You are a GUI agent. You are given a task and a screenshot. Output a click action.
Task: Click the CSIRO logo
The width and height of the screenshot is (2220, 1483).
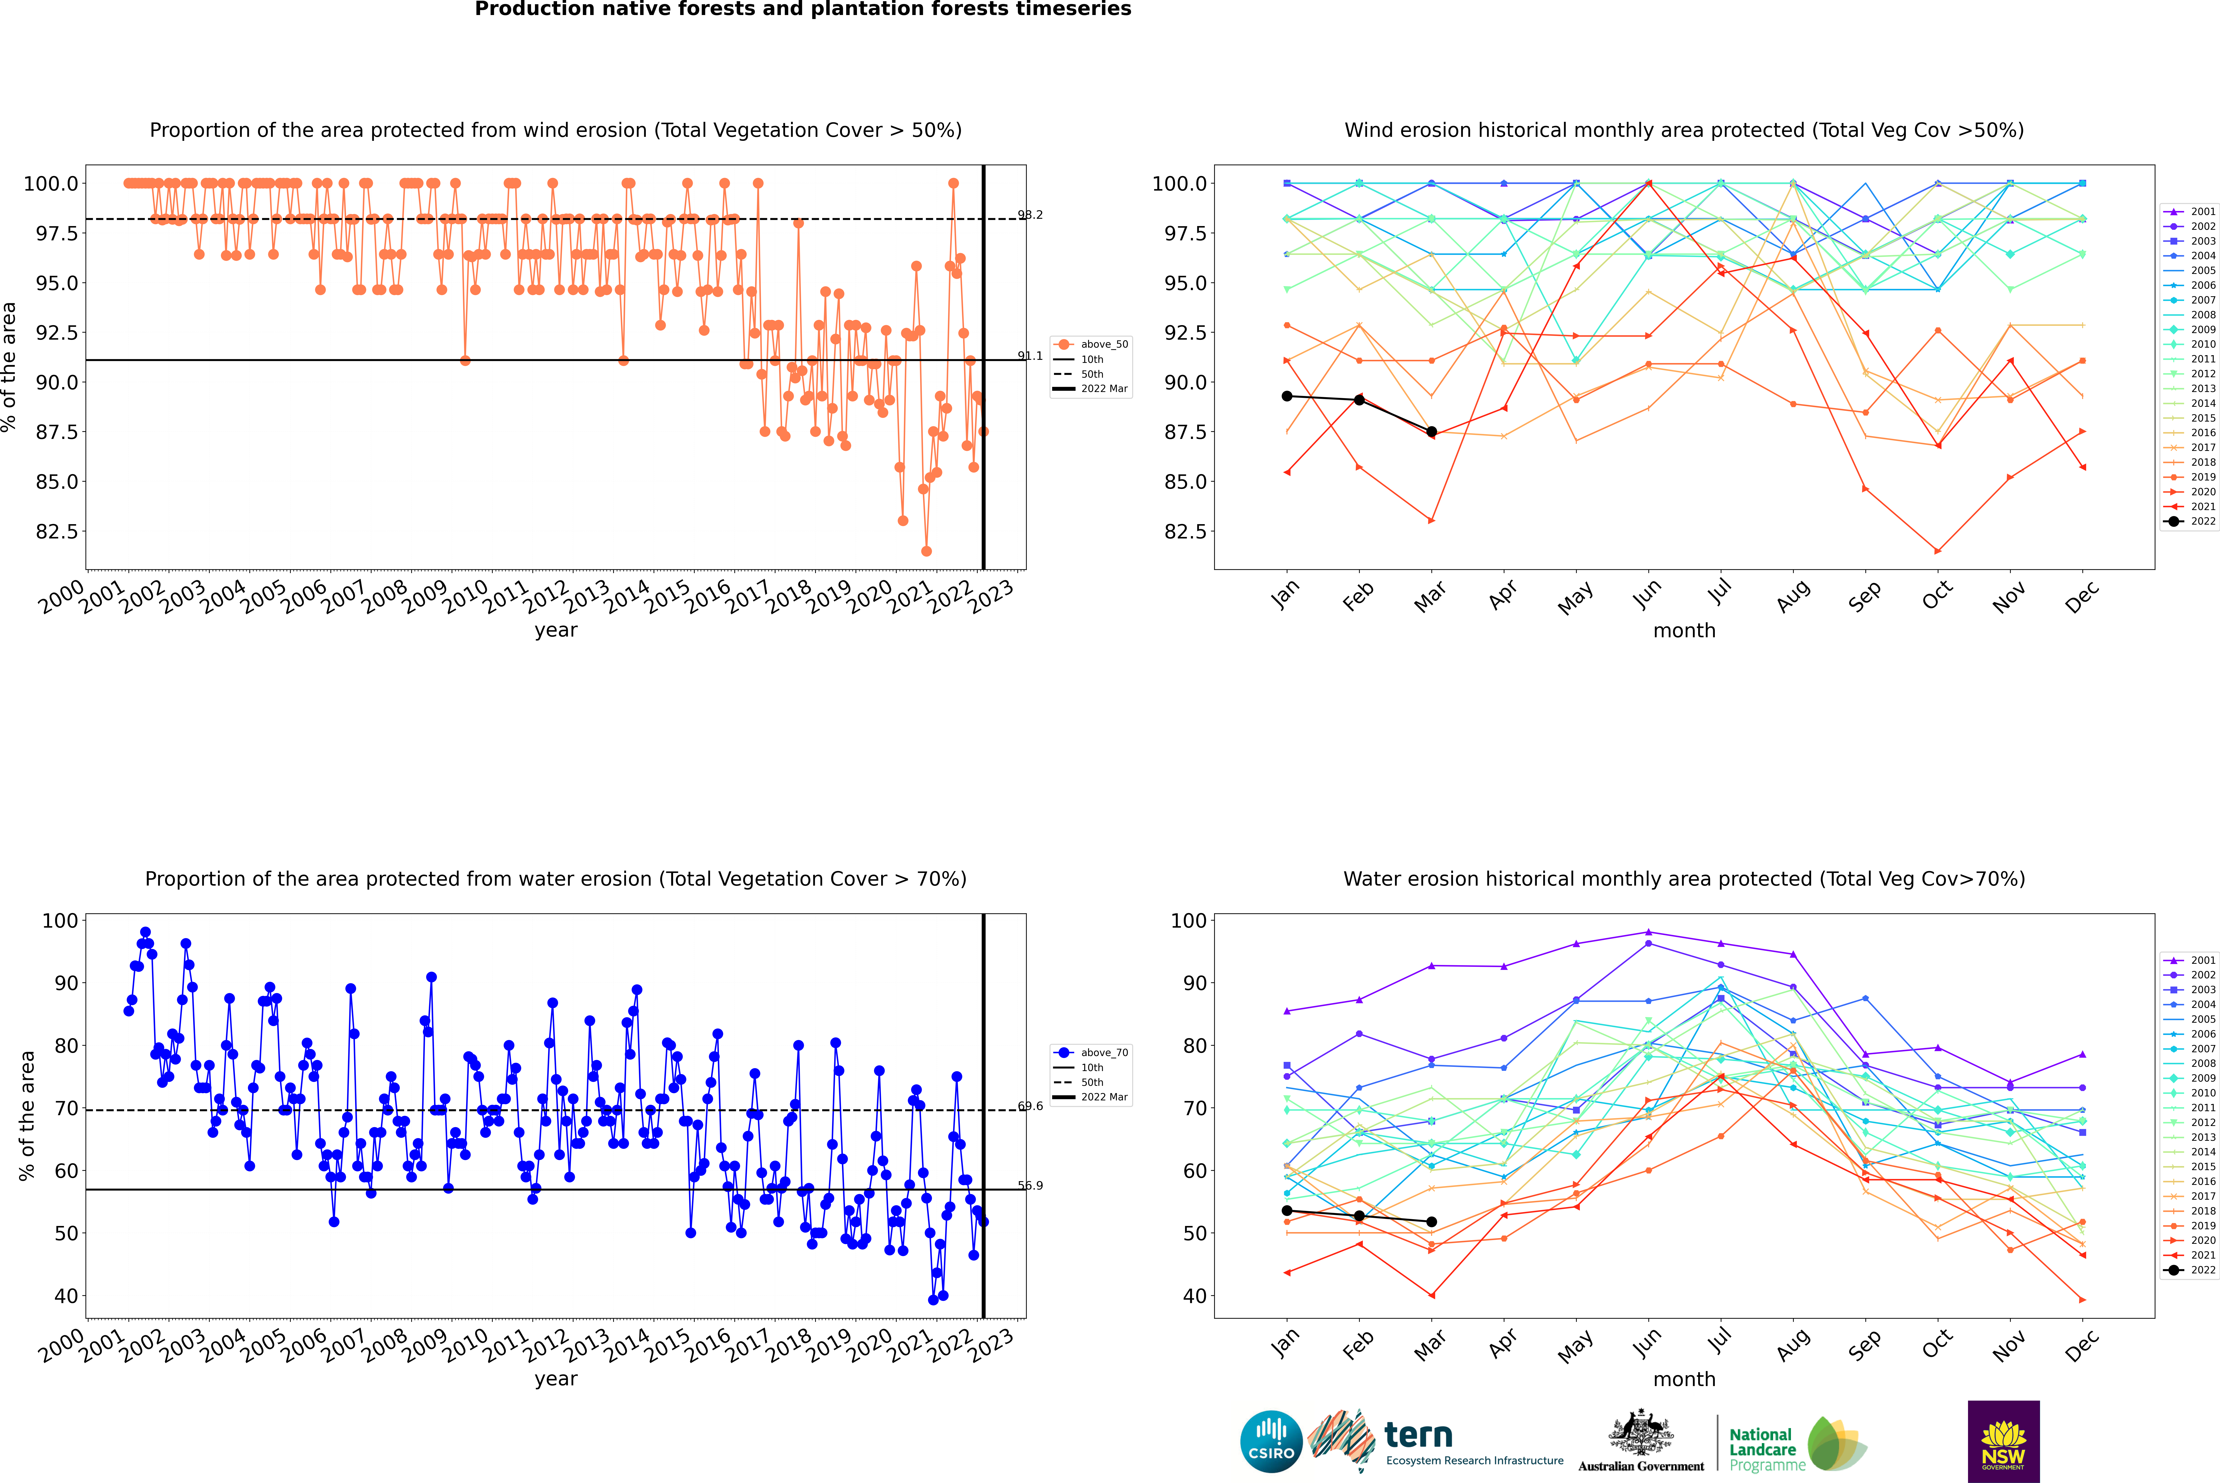tap(1271, 1441)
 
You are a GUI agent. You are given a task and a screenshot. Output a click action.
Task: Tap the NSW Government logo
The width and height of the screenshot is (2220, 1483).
tap(2003, 1441)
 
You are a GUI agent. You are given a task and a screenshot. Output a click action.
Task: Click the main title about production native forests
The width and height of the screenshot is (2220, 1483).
tap(802, 9)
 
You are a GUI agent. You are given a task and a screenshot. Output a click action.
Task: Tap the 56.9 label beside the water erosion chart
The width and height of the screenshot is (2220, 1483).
tap(1030, 1185)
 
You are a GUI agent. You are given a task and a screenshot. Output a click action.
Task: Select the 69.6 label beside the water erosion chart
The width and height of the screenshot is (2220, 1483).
tap(1030, 1106)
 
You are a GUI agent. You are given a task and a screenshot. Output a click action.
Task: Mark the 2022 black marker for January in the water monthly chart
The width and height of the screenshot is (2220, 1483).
tap(1286, 1211)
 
